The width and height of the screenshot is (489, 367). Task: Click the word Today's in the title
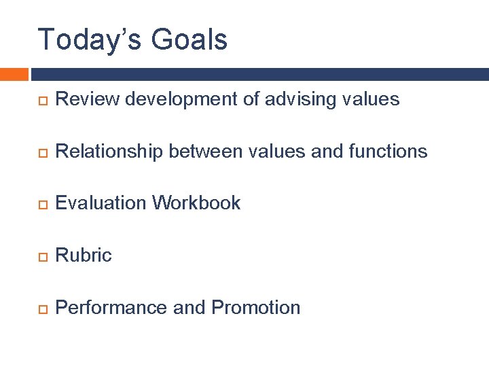[89, 39]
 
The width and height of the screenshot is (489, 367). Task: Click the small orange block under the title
[14, 74]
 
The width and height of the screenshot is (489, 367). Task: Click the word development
[180, 99]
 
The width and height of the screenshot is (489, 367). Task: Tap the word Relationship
[109, 152]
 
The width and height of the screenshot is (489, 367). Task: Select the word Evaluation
[101, 203]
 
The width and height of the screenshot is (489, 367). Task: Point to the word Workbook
[197, 203]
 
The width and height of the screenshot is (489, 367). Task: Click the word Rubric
[84, 256]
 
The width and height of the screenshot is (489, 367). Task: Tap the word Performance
[111, 308]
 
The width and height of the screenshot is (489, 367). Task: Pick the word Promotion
[256, 308]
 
